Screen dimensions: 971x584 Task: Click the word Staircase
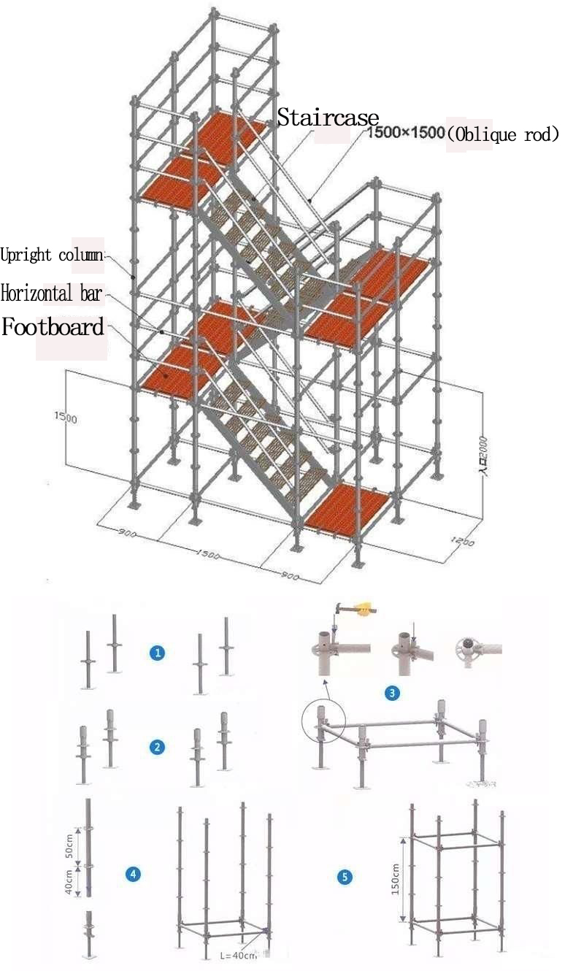pos(328,118)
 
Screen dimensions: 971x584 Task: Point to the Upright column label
pos(53,256)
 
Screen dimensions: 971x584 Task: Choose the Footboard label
pos(53,327)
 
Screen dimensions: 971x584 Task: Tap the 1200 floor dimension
pos(462,542)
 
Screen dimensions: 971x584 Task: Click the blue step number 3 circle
pos(393,694)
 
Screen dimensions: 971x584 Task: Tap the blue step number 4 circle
pos(133,874)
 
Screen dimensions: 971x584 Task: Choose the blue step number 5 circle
pos(345,877)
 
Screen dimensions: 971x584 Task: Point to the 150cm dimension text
pos(395,880)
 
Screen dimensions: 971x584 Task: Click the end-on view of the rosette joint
pos(467,647)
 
